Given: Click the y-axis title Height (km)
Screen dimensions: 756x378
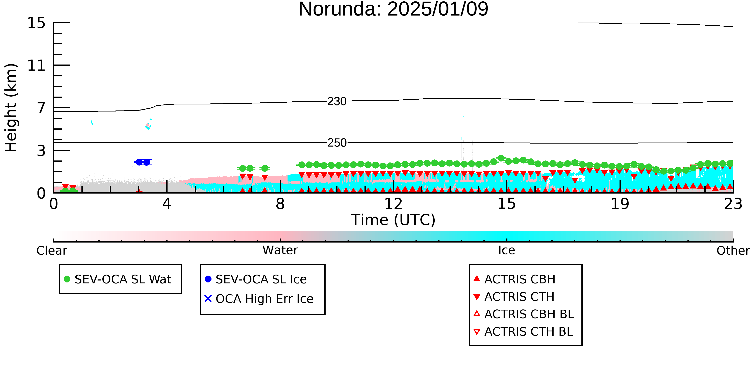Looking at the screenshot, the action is (11, 108).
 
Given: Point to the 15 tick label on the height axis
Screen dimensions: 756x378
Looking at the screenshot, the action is (36, 23).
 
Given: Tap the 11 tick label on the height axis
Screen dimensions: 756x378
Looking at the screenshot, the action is (36, 66).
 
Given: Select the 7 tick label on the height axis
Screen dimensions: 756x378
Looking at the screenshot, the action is (41, 108).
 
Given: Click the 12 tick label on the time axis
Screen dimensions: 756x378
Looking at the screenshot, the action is (393, 204).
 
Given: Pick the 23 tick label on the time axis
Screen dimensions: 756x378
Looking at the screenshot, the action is (733, 204).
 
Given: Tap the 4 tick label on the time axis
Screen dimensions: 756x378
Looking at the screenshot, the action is (167, 204).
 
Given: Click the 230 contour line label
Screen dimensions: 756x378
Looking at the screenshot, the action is (337, 102).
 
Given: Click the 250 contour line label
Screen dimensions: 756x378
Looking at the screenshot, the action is (337, 143).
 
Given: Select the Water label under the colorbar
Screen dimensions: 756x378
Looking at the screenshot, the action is (280, 250).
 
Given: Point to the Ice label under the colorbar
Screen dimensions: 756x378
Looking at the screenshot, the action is (507, 250).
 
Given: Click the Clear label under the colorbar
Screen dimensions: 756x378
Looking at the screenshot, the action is (52, 251).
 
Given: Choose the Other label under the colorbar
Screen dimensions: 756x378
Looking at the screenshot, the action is (733, 251).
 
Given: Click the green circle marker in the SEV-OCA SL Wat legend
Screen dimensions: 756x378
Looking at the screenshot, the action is (67, 279).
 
